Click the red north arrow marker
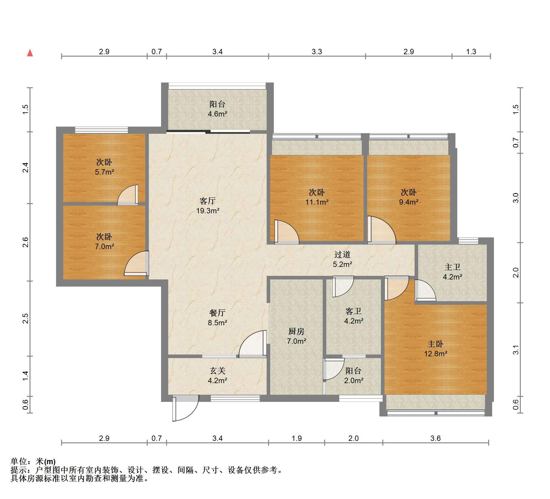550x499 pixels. click(30, 53)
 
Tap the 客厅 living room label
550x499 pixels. click(208, 200)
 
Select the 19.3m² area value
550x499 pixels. click(208, 211)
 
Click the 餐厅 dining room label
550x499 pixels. click(217, 313)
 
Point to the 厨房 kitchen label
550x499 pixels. click(296, 331)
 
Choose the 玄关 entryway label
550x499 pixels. click(217, 371)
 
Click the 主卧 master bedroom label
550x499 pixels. click(435, 344)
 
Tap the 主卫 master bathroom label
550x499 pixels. click(452, 267)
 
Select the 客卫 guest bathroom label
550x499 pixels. click(353, 311)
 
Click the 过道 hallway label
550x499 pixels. click(342, 254)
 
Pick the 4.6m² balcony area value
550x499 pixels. click(217, 114)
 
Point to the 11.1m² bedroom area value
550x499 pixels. click(317, 202)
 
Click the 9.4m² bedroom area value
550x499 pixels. click(409, 202)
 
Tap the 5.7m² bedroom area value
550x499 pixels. click(104, 172)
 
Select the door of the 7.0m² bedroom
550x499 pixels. click(137, 263)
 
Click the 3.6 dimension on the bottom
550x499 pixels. click(435, 438)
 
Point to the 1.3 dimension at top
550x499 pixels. click(471, 52)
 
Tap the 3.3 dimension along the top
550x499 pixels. click(317, 52)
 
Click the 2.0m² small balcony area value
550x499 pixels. click(353, 380)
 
